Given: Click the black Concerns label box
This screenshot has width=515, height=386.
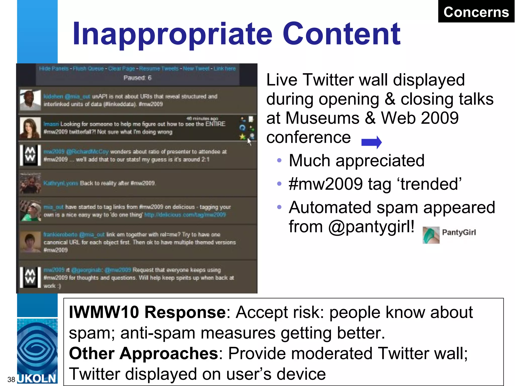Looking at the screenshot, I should click(x=476, y=12).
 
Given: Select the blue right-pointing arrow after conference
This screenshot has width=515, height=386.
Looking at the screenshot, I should click(x=371, y=142).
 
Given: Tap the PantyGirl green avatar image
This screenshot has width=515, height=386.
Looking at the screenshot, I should click(x=431, y=235).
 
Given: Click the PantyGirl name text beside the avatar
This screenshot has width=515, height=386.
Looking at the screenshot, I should click(x=459, y=232).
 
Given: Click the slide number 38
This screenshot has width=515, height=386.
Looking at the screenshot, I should click(x=11, y=379).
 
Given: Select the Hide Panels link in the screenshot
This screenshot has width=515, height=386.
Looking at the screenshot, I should click(x=54, y=69).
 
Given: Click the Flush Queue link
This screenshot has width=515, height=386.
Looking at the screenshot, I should click(x=88, y=69).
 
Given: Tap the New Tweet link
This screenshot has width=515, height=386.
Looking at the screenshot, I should click(x=196, y=69).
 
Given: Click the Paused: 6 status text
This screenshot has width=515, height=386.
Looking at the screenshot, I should click(x=137, y=78).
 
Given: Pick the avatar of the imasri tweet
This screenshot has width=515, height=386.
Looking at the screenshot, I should click(x=30, y=128).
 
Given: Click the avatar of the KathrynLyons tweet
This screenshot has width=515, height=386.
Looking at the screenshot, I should click(x=30, y=183).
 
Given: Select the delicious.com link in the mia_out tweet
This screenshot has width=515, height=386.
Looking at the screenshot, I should click(x=185, y=215).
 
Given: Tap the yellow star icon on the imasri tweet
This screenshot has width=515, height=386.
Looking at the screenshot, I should click(x=242, y=136).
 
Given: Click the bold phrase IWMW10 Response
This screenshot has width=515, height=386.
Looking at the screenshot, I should click(x=147, y=312).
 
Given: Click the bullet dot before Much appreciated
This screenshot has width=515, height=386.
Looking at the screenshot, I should click(x=279, y=160).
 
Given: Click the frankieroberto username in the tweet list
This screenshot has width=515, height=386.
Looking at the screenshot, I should click(x=60, y=234).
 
